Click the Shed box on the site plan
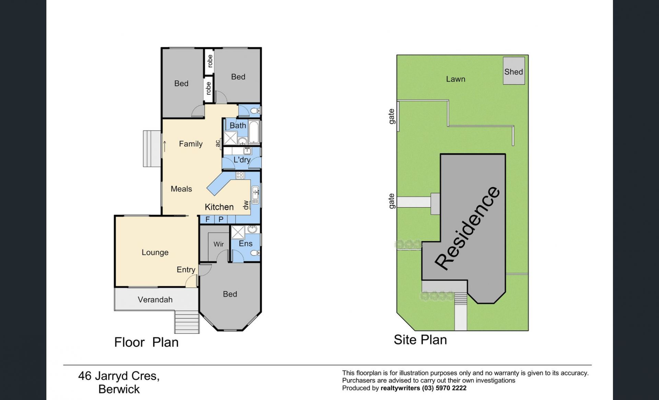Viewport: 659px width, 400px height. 514,71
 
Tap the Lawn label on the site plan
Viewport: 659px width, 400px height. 455,79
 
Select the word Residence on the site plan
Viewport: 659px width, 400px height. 467,228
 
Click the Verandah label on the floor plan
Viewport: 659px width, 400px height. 155,300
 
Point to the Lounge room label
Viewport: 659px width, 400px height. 155,252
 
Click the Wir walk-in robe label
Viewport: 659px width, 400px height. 219,244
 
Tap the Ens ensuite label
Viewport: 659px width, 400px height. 246,244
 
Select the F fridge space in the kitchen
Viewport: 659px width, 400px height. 207,219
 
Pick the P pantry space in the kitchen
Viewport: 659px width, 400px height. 221,219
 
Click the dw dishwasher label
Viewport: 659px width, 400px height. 246,205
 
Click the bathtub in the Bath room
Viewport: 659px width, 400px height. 254,132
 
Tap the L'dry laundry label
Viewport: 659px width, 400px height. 242,160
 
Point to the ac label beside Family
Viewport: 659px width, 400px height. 218,143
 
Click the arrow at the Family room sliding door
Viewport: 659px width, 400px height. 165,146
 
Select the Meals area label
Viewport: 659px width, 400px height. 181,189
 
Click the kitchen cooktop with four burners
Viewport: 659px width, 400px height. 240,176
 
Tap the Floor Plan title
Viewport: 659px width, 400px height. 147,342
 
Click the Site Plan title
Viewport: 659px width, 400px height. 420,340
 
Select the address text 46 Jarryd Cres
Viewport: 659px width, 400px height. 119,376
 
